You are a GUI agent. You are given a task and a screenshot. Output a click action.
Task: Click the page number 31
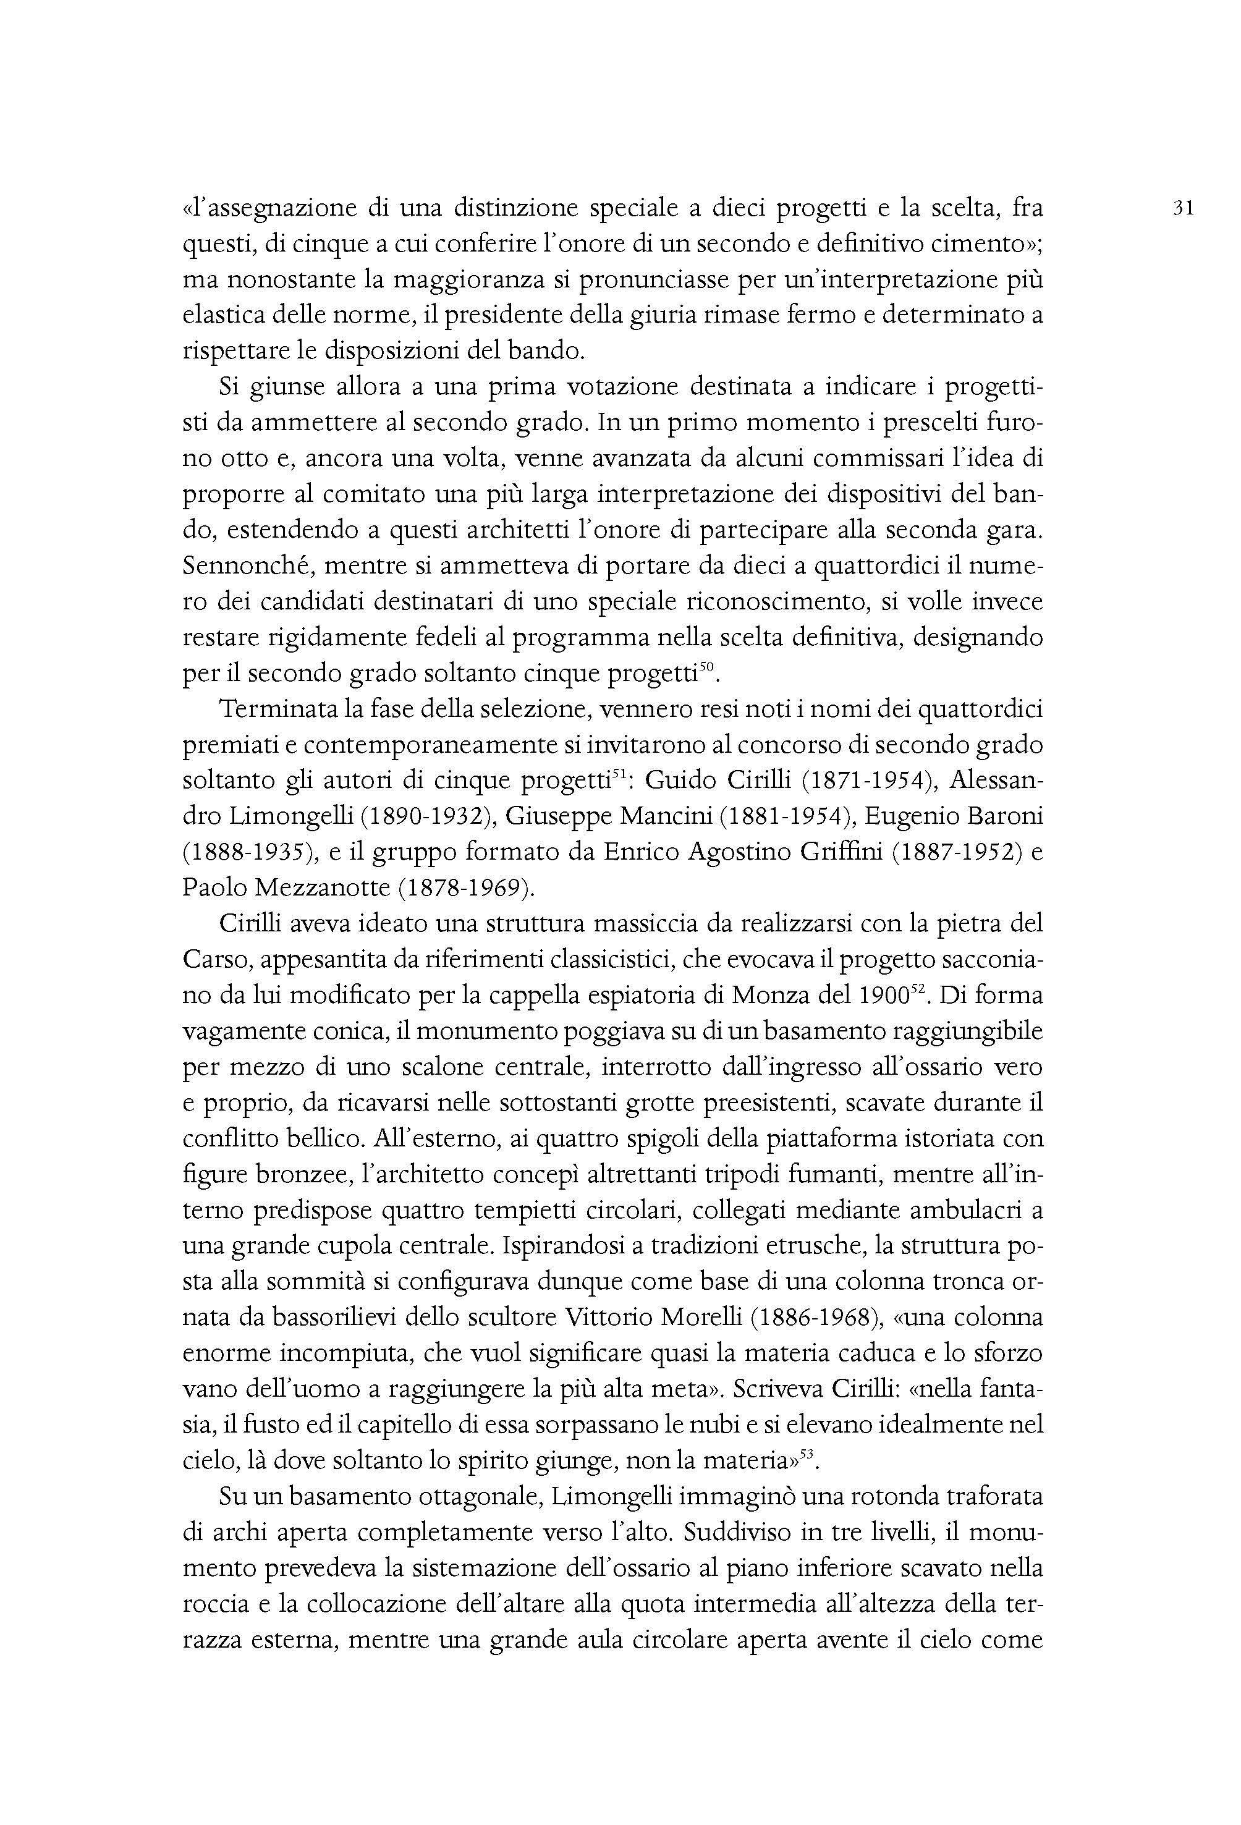1183,209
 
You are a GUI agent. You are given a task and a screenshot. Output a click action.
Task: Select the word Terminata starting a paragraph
273,710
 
